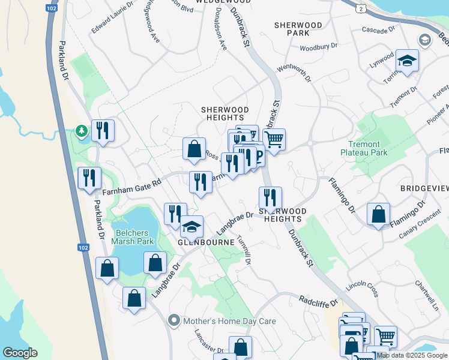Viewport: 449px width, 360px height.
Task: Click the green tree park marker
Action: [80, 130]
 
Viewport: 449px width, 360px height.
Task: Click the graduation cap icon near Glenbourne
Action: [192, 227]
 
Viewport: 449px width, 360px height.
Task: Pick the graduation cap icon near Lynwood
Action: [407, 61]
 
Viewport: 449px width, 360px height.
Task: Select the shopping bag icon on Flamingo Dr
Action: [379, 214]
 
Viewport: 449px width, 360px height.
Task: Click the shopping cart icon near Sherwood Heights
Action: [274, 140]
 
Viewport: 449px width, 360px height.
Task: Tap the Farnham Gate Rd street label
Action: [131, 188]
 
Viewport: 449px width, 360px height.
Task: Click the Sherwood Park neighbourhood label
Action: [298, 29]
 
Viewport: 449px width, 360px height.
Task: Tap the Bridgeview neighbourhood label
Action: [424, 188]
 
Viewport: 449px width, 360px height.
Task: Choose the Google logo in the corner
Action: [20, 353]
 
